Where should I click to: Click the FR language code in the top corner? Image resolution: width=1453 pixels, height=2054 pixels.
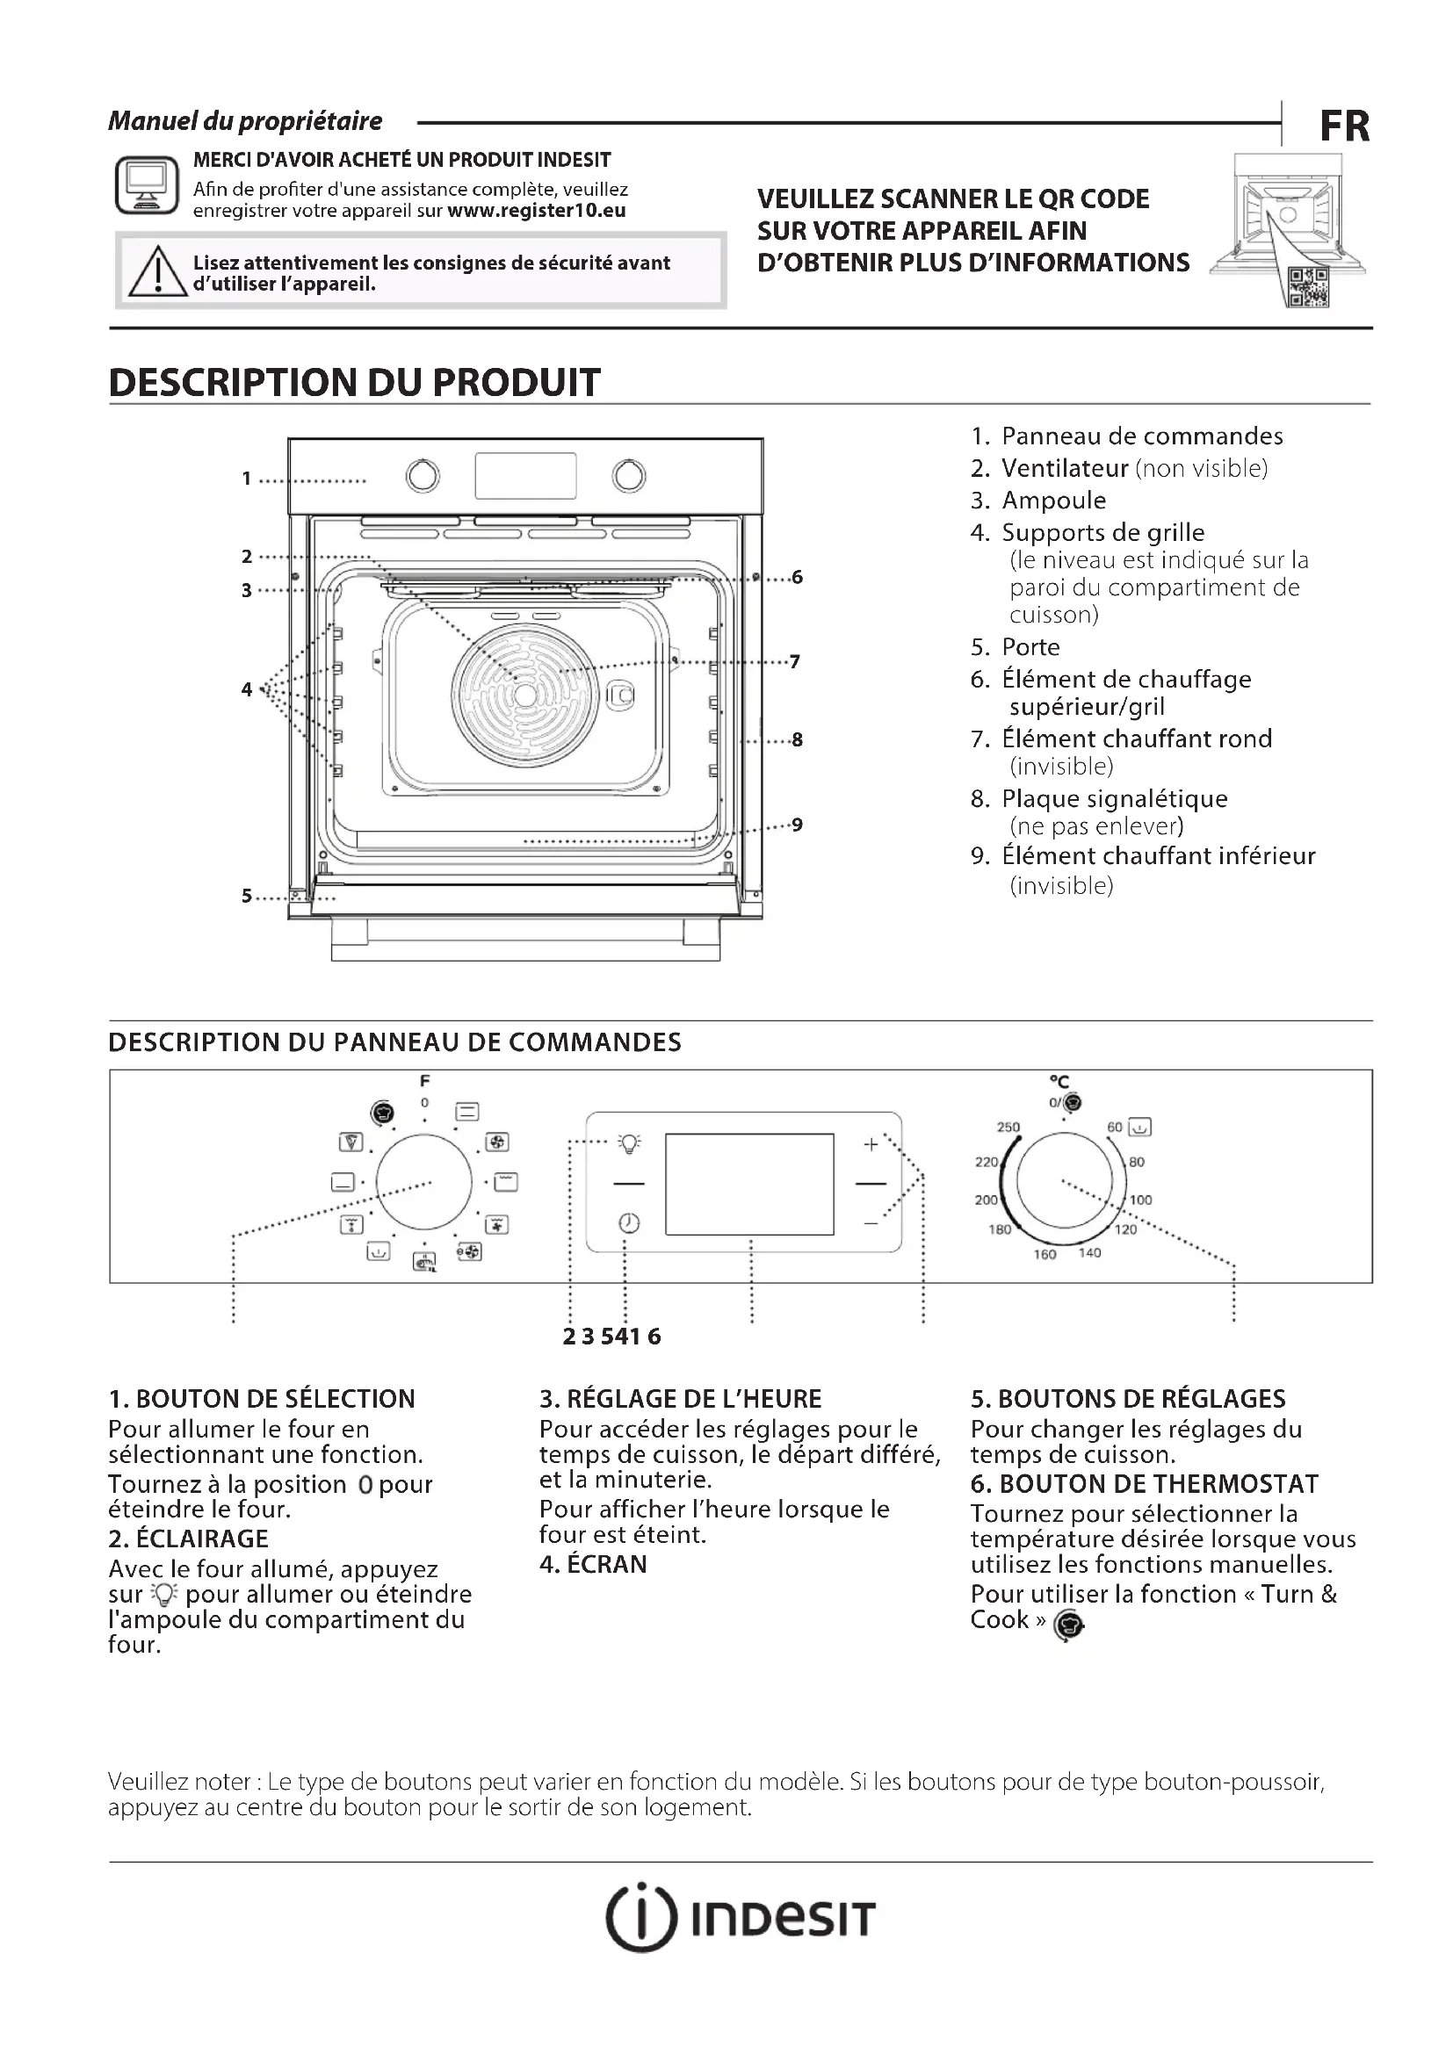[x=1344, y=126]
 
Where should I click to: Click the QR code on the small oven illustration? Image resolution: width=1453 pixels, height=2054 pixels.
[x=1307, y=288]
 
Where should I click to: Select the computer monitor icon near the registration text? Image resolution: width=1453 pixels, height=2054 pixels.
[x=147, y=185]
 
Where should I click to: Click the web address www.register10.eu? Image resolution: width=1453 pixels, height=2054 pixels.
[x=536, y=211]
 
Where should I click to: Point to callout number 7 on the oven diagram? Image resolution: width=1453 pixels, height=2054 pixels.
[x=794, y=662]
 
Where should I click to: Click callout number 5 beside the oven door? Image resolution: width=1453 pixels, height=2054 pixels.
[x=246, y=896]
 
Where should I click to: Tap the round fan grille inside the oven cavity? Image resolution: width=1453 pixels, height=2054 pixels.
[x=524, y=695]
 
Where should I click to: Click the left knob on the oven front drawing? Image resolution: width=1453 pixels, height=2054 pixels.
[x=423, y=476]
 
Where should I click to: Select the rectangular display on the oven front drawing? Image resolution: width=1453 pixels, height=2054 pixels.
[x=525, y=475]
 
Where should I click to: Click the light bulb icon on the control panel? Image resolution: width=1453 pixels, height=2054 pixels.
[x=629, y=1143]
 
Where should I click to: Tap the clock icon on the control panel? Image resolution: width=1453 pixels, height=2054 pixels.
[x=629, y=1223]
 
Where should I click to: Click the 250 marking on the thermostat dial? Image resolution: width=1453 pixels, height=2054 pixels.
[x=1008, y=1128]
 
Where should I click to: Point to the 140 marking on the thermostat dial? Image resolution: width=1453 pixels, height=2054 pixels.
[x=1088, y=1252]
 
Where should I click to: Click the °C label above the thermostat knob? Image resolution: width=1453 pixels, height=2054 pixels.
[x=1059, y=1083]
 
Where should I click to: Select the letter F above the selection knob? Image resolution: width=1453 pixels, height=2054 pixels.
[x=425, y=1081]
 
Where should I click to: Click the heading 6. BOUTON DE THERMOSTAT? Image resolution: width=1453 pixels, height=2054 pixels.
[x=1145, y=1484]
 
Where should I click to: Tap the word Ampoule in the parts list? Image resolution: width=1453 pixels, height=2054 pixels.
[x=1053, y=500]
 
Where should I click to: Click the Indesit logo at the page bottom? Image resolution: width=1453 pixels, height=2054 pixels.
[x=740, y=1918]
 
